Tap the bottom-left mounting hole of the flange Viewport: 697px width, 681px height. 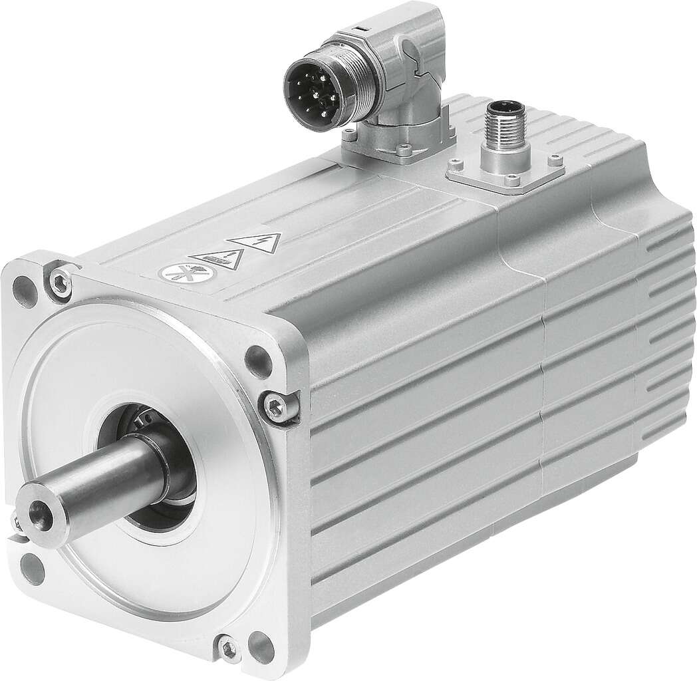(29, 567)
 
